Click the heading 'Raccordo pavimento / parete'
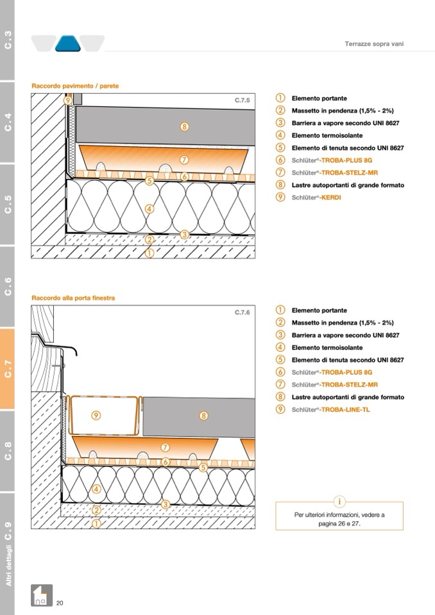coord(75,86)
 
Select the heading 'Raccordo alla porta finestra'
coord(74,298)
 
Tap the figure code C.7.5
coord(242,101)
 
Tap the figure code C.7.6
coord(242,312)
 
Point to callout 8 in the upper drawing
coord(184,126)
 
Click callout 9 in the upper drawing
coord(67,100)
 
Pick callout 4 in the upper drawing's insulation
coord(149,208)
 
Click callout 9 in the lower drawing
coord(96,416)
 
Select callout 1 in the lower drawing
coord(96,523)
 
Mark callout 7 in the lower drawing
coord(165,447)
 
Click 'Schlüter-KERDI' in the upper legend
coord(316,198)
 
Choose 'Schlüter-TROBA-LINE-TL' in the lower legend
coord(330,409)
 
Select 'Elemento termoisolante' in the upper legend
coord(327,135)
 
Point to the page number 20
coord(60,603)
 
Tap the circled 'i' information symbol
coord(339,501)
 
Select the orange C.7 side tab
coord(8,369)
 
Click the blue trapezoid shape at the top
coord(67,43)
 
